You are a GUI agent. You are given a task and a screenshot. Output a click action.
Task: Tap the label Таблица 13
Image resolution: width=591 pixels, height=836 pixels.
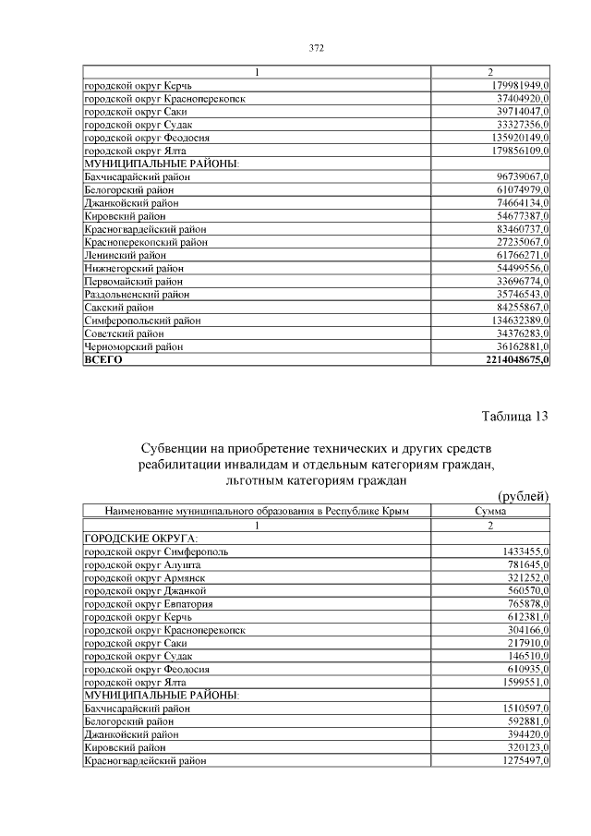point(515,416)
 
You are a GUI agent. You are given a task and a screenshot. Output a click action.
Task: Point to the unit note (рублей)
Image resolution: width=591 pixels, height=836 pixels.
point(523,497)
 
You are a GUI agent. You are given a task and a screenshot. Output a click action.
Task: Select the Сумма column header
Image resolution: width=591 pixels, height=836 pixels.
point(490,511)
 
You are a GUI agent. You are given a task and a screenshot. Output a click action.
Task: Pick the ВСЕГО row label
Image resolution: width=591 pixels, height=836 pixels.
point(103,359)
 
